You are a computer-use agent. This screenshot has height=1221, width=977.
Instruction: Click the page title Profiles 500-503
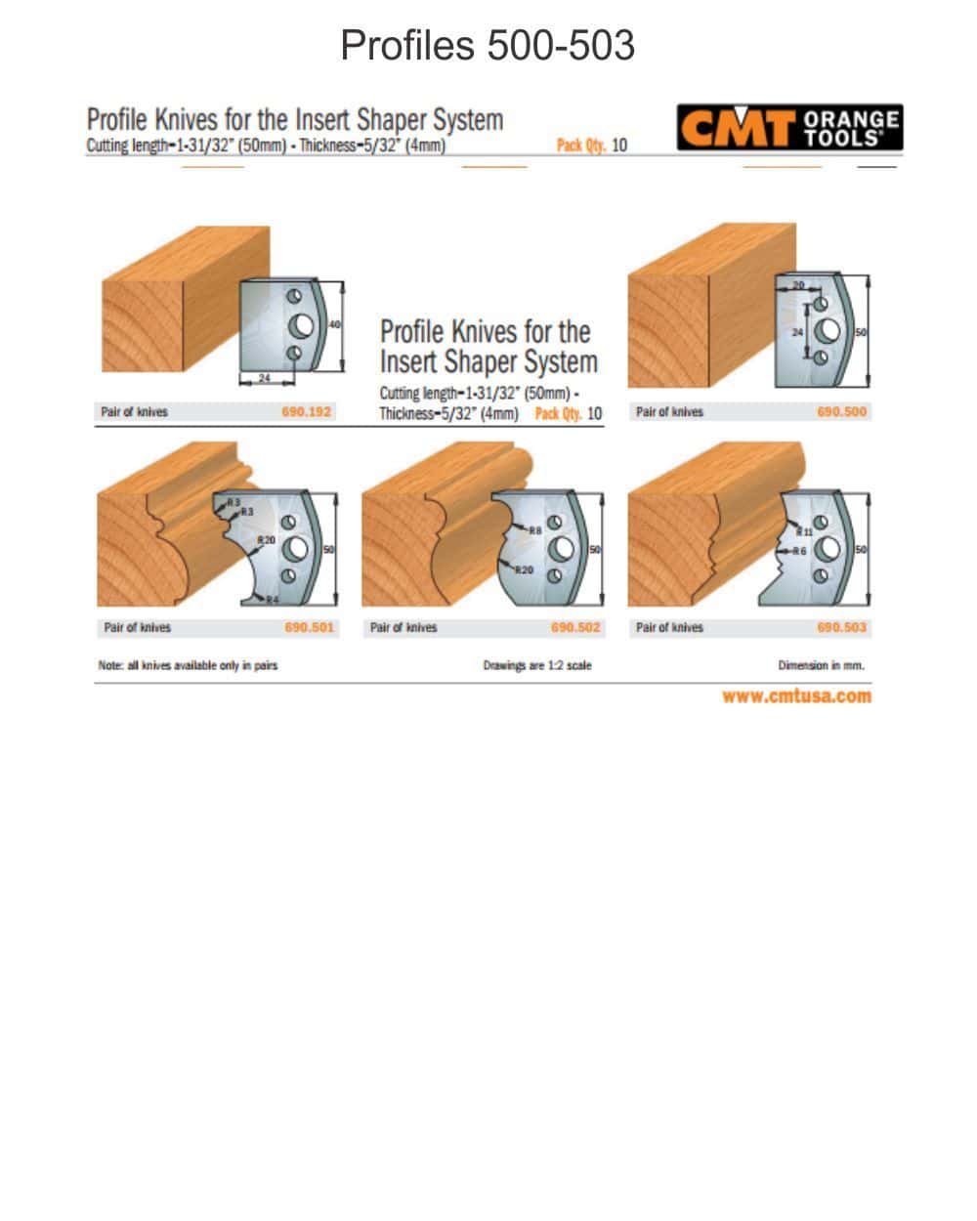pyautogui.click(x=488, y=46)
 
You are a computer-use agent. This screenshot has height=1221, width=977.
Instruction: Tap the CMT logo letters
pyautogui.click(x=736, y=129)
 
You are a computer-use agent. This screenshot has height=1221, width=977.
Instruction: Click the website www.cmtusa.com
pyautogui.click(x=796, y=696)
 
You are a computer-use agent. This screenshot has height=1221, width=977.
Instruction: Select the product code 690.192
pyautogui.click(x=307, y=412)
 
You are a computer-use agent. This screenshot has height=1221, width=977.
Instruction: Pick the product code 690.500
pyautogui.click(x=841, y=412)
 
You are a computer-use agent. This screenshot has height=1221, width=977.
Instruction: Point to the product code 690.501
pyautogui.click(x=310, y=628)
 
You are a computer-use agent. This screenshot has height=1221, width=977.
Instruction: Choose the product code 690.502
pyautogui.click(x=575, y=628)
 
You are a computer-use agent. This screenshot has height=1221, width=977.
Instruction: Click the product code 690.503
pyautogui.click(x=841, y=628)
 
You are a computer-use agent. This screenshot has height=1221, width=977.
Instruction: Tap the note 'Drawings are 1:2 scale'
pyautogui.click(x=536, y=665)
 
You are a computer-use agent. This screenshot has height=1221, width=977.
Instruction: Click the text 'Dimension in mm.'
pyautogui.click(x=821, y=665)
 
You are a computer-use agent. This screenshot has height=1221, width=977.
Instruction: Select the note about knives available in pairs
pyautogui.click(x=188, y=665)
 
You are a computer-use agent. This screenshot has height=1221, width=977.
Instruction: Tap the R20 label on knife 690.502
pyautogui.click(x=525, y=568)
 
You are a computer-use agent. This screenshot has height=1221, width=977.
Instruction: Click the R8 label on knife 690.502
pyautogui.click(x=535, y=529)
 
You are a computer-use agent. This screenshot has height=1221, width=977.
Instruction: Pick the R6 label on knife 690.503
pyautogui.click(x=799, y=552)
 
